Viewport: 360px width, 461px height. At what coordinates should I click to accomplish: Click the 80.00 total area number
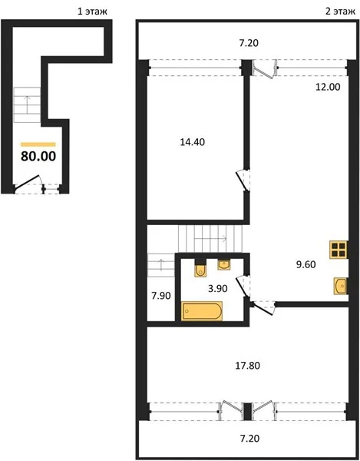tap(38, 156)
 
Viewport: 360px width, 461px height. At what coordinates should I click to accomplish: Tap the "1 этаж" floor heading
tap(92, 12)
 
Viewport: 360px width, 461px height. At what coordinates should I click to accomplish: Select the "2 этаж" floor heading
tap(340, 12)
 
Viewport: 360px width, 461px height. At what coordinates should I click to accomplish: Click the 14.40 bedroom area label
tap(193, 142)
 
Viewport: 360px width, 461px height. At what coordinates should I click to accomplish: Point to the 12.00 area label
tap(328, 87)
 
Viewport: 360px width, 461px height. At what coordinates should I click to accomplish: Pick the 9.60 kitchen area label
tap(306, 264)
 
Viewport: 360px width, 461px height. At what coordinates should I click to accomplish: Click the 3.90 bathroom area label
tap(217, 289)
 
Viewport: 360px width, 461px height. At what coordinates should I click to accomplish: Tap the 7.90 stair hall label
tap(161, 296)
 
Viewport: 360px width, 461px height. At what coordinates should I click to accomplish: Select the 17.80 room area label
tap(247, 366)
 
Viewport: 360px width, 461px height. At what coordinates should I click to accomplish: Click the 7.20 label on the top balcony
tap(249, 43)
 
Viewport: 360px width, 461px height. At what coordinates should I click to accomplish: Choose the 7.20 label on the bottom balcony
tap(249, 439)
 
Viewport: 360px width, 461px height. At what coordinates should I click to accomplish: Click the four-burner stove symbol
tap(339, 250)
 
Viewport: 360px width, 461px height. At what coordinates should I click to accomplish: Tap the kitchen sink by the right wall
tap(340, 286)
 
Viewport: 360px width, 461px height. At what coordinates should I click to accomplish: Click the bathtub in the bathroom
tap(202, 310)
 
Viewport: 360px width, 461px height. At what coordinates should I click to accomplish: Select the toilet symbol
tap(200, 269)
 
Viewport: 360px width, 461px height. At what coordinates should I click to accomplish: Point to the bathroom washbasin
tap(223, 264)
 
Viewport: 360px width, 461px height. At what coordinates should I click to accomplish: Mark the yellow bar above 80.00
tap(38, 144)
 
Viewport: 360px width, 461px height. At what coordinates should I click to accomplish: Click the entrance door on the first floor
tap(28, 181)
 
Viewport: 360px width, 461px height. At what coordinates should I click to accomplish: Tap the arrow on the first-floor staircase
tap(28, 104)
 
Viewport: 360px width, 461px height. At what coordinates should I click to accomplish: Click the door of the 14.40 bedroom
tap(243, 180)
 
